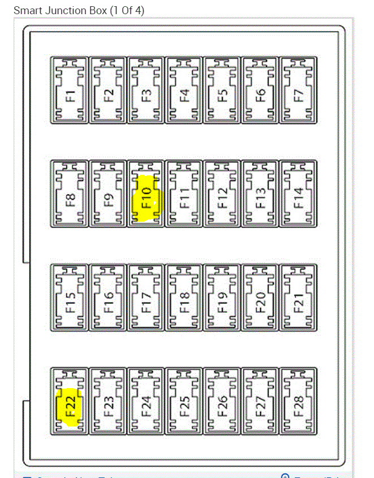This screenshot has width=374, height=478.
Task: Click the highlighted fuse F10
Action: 147,193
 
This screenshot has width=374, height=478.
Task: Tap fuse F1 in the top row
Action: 70,89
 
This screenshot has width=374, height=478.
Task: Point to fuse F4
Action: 184,89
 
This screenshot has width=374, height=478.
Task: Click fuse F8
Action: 70,193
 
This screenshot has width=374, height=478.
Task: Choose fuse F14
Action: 299,193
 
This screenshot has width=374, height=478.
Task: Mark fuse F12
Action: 222,193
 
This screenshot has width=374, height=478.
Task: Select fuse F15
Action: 70,298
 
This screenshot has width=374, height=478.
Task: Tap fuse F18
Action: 184,298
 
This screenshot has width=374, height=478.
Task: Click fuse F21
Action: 299,298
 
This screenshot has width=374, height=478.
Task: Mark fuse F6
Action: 260,89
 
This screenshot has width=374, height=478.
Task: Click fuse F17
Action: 147,298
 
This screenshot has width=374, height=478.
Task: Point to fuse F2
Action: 109,89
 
